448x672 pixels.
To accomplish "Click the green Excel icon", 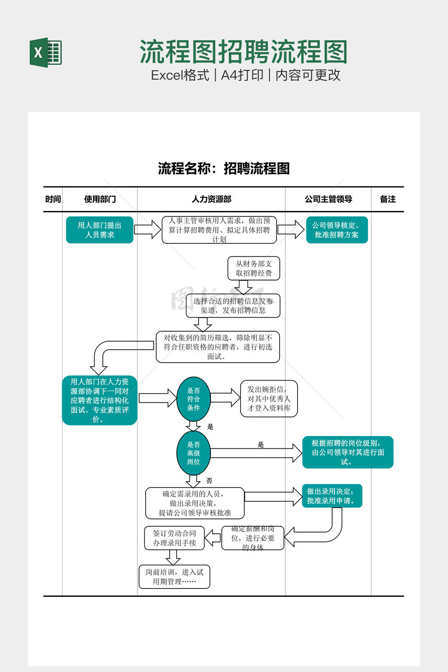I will pyautogui.click(x=45, y=52).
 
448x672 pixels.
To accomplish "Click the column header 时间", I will pyautogui.click(x=53, y=199).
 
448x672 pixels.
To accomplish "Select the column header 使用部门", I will pyautogui.click(x=100, y=199).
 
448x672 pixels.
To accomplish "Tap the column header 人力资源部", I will pyautogui.click(x=211, y=199).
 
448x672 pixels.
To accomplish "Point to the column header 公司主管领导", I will pyautogui.click(x=328, y=199).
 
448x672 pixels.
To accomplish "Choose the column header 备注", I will pyautogui.click(x=388, y=199).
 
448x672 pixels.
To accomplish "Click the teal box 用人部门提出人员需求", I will pyautogui.click(x=99, y=230).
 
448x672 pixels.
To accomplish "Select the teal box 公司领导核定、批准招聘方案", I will pyautogui.click(x=336, y=230).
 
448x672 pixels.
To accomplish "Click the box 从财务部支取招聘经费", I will pyautogui.click(x=254, y=268).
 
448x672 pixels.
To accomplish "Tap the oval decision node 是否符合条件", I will pyautogui.click(x=193, y=399).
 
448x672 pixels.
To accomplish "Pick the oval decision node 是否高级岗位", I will pyautogui.click(x=193, y=453).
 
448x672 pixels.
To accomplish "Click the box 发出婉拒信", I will pyautogui.click(x=269, y=399).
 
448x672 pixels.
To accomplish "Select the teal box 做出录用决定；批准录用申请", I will pyautogui.click(x=332, y=496).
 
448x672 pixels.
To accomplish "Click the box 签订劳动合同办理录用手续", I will pyautogui.click(x=174, y=538).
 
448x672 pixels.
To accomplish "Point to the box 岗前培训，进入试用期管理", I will pyautogui.click(x=174, y=577).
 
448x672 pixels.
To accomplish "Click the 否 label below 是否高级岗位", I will pyautogui.click(x=209, y=481).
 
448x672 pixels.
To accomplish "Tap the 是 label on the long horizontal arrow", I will pyautogui.click(x=261, y=445).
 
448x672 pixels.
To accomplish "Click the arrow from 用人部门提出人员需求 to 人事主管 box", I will pyautogui.click(x=147, y=230).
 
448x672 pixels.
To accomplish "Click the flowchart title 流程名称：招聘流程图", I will pyautogui.click(x=224, y=168).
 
